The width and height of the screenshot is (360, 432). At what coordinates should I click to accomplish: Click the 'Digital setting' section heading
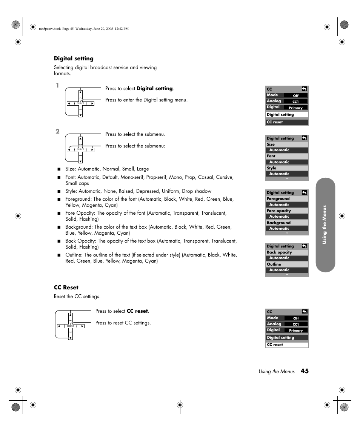(x=74, y=58)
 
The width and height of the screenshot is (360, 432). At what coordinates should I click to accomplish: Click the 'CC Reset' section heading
(x=66, y=287)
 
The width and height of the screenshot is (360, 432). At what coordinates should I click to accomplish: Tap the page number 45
(x=305, y=371)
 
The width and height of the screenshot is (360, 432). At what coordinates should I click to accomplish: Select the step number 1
(x=57, y=85)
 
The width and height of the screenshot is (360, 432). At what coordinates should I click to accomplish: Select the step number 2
(x=57, y=131)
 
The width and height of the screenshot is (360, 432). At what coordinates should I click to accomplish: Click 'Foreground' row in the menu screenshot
(x=287, y=199)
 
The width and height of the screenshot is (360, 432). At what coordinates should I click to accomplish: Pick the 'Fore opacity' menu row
(x=287, y=211)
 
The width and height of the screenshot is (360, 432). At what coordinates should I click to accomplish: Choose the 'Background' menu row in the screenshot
(x=287, y=223)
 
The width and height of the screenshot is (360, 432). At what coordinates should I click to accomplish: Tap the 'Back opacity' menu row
(x=287, y=252)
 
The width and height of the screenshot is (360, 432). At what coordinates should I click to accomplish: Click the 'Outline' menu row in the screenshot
(x=287, y=264)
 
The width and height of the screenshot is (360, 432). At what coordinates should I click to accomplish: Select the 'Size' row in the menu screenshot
(x=287, y=145)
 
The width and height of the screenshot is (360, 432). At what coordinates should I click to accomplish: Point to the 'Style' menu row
(x=287, y=168)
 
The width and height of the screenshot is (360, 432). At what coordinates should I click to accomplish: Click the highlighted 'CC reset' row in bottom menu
(x=287, y=345)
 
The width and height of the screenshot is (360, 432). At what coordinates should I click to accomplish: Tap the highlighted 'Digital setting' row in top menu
(x=287, y=115)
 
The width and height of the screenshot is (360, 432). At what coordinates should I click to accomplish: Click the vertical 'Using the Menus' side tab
(x=325, y=224)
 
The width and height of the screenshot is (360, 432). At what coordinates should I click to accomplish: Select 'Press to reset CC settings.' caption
(x=123, y=323)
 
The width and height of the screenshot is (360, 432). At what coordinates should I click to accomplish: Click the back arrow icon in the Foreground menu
(x=304, y=192)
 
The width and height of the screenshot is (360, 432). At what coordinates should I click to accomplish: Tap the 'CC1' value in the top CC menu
(x=296, y=101)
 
